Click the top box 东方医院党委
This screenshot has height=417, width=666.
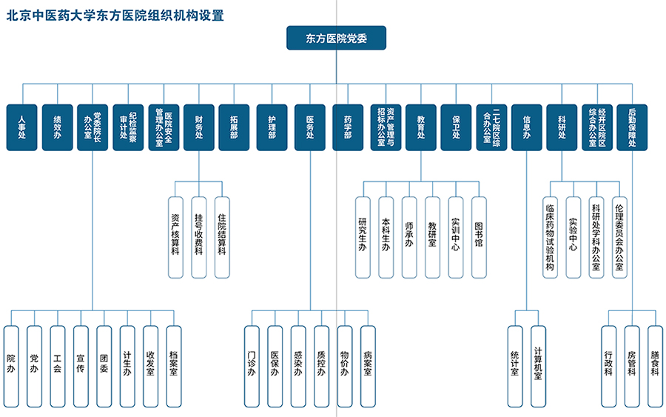(337, 39)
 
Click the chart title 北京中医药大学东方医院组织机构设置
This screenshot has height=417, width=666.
(115, 16)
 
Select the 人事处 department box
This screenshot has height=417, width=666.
(21, 127)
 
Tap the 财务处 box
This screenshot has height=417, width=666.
(199, 127)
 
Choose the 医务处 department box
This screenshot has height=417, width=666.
(310, 127)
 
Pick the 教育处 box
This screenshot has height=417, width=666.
(421, 127)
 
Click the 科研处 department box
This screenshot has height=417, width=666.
(562, 127)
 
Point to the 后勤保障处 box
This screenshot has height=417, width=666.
(632, 127)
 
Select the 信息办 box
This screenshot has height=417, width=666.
(527, 127)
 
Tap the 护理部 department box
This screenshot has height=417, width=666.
(272, 127)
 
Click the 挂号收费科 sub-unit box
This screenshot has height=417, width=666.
(199, 238)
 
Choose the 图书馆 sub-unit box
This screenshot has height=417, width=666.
(479, 238)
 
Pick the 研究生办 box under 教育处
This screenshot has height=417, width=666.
(363, 238)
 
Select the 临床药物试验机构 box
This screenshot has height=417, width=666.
(550, 238)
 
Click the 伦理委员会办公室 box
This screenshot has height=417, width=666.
(619, 238)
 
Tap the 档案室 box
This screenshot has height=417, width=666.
(174, 367)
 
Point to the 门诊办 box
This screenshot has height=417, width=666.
(252, 367)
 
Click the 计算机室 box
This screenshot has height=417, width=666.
(538, 367)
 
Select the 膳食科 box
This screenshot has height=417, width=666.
(655, 367)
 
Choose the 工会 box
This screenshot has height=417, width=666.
(57, 367)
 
